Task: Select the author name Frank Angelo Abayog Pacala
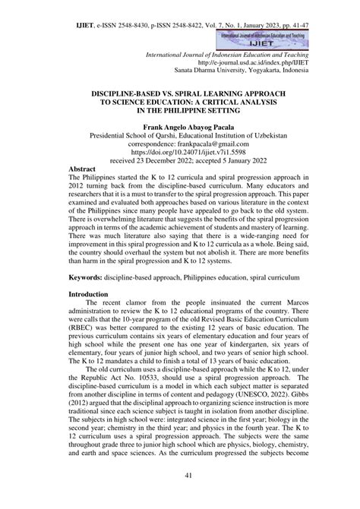point(180,129)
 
